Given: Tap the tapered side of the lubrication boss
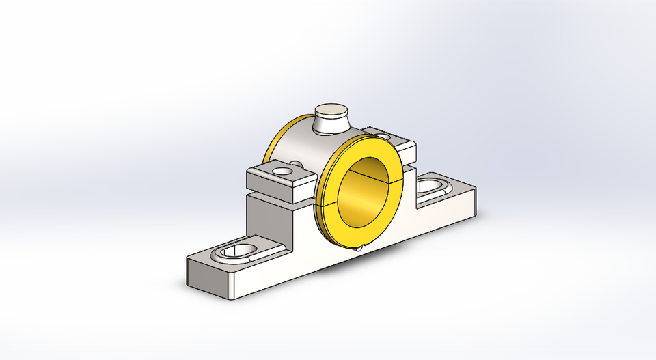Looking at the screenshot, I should pyautogui.click(x=330, y=124).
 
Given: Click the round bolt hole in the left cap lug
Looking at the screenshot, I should pyautogui.click(x=282, y=169).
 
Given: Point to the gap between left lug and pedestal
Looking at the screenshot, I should pyautogui.click(x=273, y=197).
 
